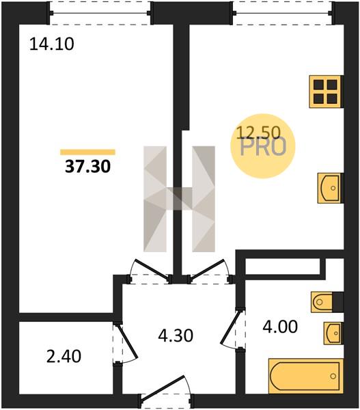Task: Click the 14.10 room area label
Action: (x=52, y=44)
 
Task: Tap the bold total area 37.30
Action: (x=88, y=166)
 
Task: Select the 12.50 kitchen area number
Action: (x=258, y=133)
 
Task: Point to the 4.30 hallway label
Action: (x=176, y=336)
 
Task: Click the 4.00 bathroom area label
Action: (x=280, y=327)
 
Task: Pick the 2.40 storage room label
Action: (x=64, y=357)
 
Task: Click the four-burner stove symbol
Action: (x=327, y=92)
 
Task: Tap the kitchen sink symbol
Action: (x=331, y=188)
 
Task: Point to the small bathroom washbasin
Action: (x=333, y=333)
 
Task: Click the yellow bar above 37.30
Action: (x=87, y=152)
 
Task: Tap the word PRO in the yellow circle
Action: (x=263, y=148)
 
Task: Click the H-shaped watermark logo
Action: (x=180, y=199)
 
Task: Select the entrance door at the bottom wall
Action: (x=166, y=392)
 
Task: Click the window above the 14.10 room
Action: (x=100, y=13)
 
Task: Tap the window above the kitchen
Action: (x=283, y=13)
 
